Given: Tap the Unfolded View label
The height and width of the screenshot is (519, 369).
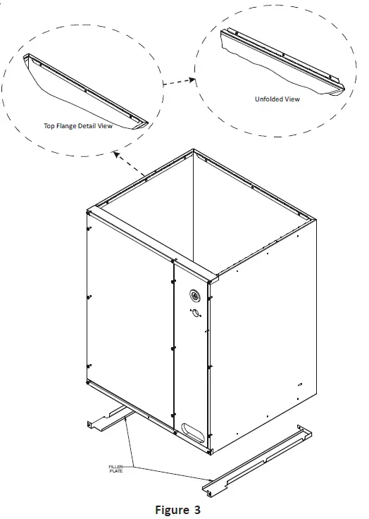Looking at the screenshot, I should pos(277,99).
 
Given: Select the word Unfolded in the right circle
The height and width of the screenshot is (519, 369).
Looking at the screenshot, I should pos(268,99).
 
